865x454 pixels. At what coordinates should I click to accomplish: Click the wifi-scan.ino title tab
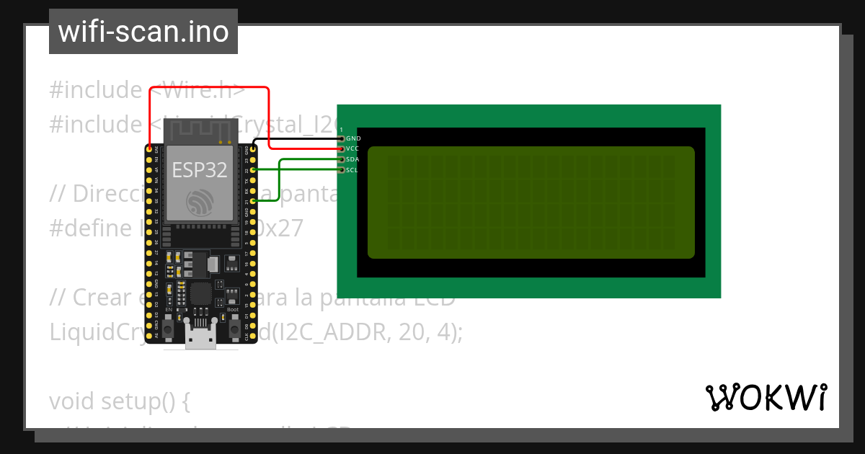[143, 32]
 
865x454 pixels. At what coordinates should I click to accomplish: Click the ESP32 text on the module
[200, 170]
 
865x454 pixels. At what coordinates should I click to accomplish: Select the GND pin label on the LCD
[353, 138]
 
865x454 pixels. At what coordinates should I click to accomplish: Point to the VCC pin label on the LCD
[352, 148]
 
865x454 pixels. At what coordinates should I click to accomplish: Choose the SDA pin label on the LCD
[352, 159]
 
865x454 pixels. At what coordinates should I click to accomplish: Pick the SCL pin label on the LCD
[352, 170]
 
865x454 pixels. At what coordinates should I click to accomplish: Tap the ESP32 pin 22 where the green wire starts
[253, 170]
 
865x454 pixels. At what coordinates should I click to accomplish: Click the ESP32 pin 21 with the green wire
[253, 202]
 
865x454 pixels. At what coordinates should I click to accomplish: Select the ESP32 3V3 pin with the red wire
[149, 149]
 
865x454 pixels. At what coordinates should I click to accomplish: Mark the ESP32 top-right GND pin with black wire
[253, 149]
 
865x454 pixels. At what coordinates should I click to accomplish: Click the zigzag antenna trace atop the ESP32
[200, 131]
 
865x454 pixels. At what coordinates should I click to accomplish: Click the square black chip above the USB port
[200, 294]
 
